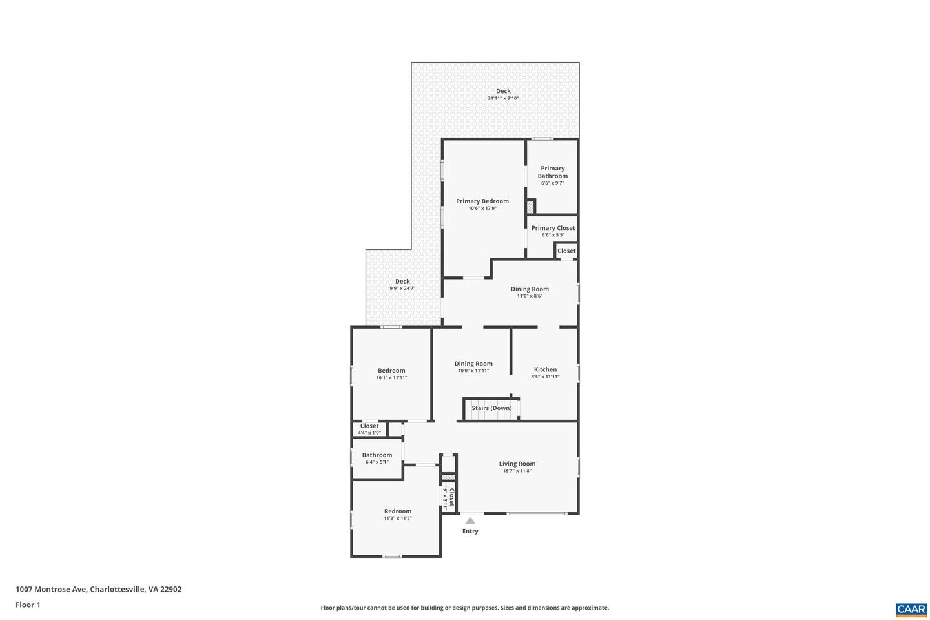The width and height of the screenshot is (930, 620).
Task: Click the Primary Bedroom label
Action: coord(482,201)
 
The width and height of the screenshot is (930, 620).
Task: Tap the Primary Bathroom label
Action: coord(552,172)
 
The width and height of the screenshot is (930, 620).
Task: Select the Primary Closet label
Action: coord(553,228)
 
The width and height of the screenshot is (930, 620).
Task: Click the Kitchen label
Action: coord(545,369)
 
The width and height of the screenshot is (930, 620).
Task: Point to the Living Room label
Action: coord(517,463)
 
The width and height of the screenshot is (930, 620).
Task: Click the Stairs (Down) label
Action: coord(491,408)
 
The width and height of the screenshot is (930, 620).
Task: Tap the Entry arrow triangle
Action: coord(470,521)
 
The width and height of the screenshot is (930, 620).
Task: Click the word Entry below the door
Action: coord(470,531)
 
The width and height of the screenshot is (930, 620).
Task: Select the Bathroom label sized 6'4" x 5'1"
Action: coord(377,455)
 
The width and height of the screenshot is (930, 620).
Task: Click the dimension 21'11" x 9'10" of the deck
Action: coord(503,98)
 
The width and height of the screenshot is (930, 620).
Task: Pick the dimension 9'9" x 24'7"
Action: coord(402,288)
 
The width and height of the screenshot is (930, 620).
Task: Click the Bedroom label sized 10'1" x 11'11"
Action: coord(391,371)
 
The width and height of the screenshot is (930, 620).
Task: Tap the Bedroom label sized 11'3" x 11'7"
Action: coord(397,511)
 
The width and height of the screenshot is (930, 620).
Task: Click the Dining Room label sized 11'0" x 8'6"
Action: coord(530,289)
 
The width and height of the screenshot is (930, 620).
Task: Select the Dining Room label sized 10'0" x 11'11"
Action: coord(473,364)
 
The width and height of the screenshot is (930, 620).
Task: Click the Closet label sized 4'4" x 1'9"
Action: coord(369,426)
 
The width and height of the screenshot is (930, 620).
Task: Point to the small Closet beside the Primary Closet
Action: coord(566,251)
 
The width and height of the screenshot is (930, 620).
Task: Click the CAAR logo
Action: coord(911,609)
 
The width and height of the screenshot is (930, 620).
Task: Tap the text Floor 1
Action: coord(28,604)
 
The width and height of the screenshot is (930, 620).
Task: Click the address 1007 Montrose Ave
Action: coord(51,589)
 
